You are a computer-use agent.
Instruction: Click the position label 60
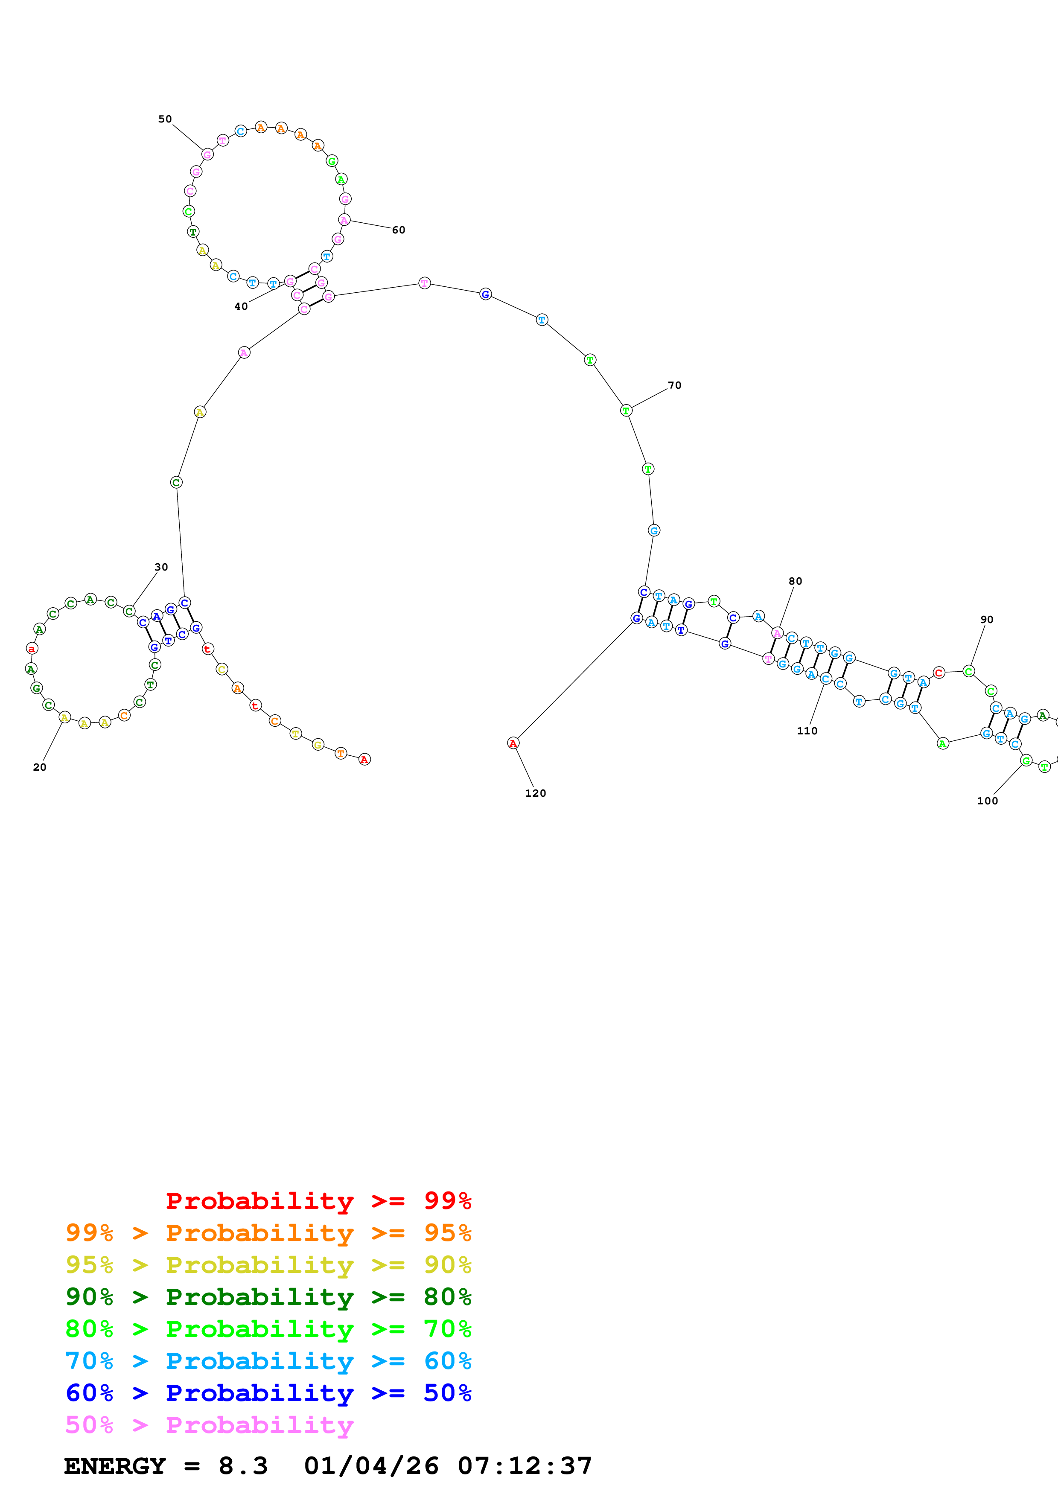point(398,230)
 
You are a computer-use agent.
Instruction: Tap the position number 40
point(241,306)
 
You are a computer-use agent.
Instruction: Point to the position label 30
point(161,567)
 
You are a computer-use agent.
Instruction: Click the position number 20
point(40,767)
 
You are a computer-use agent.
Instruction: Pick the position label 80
point(795,581)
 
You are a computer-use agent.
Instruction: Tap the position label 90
point(987,619)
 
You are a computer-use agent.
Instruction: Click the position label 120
point(535,793)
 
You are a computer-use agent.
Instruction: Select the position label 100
point(987,801)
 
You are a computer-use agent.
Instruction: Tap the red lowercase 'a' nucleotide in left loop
point(31,649)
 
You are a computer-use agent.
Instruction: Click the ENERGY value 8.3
point(243,1466)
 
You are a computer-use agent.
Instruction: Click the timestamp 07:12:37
point(525,1466)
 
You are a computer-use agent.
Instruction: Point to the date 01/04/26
point(371,1466)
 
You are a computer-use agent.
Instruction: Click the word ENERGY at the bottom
point(115,1466)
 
